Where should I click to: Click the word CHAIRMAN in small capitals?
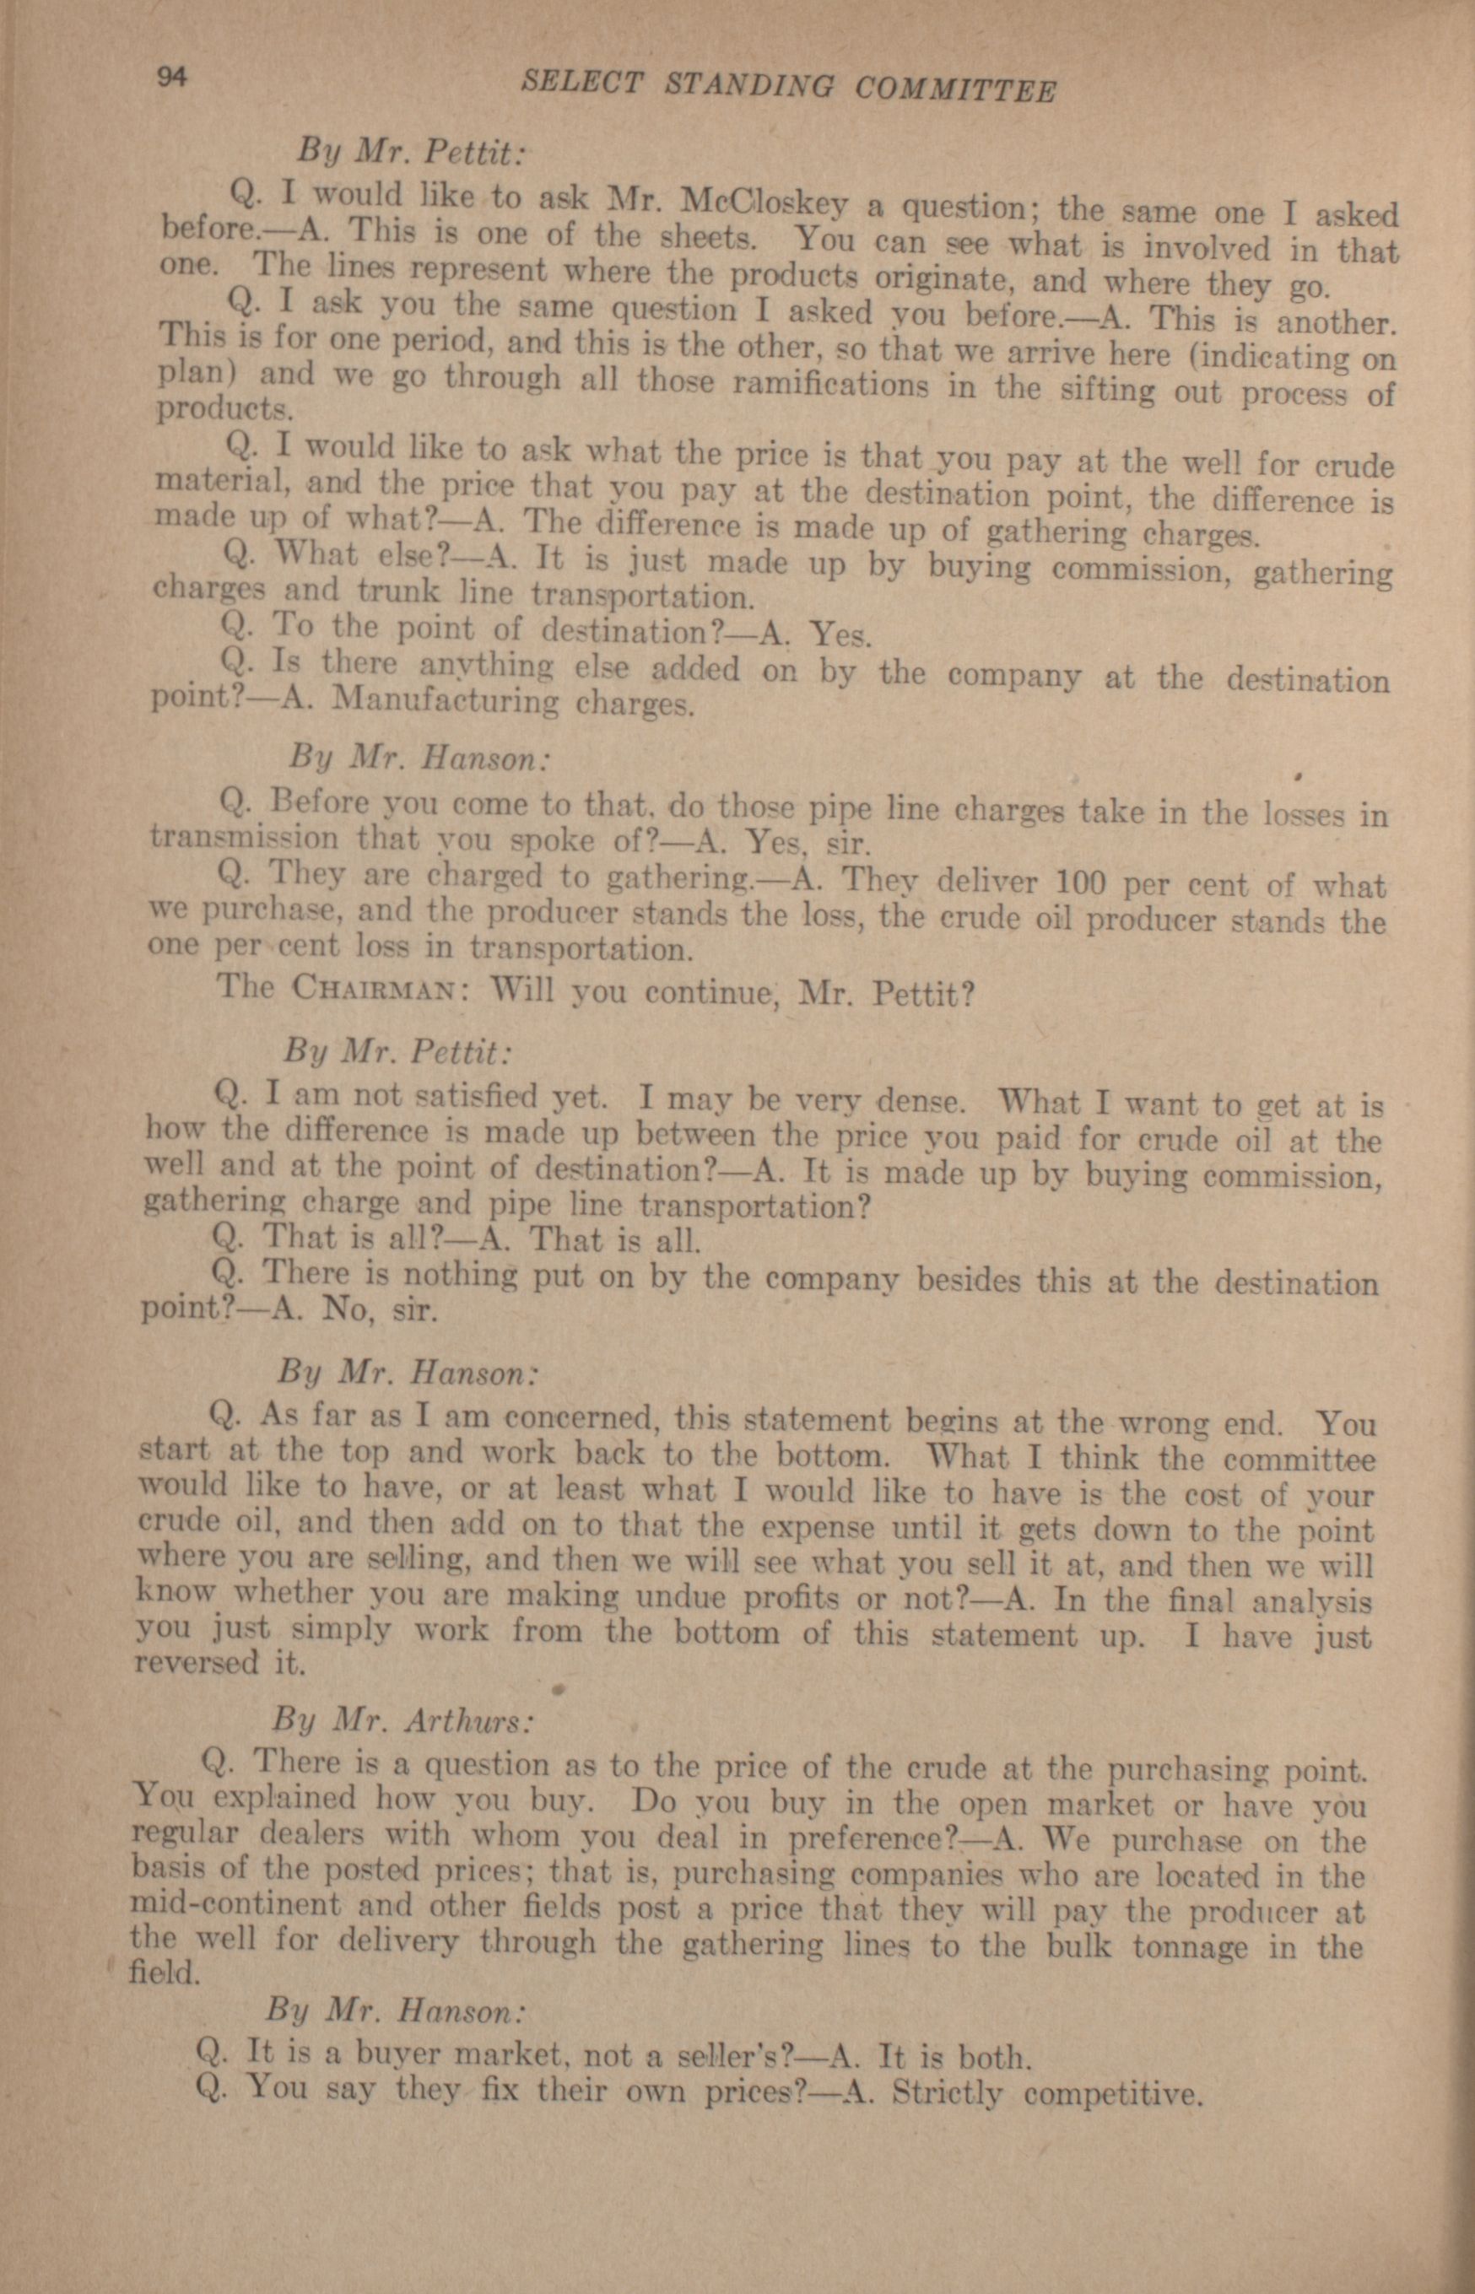pyautogui.click(x=370, y=988)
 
